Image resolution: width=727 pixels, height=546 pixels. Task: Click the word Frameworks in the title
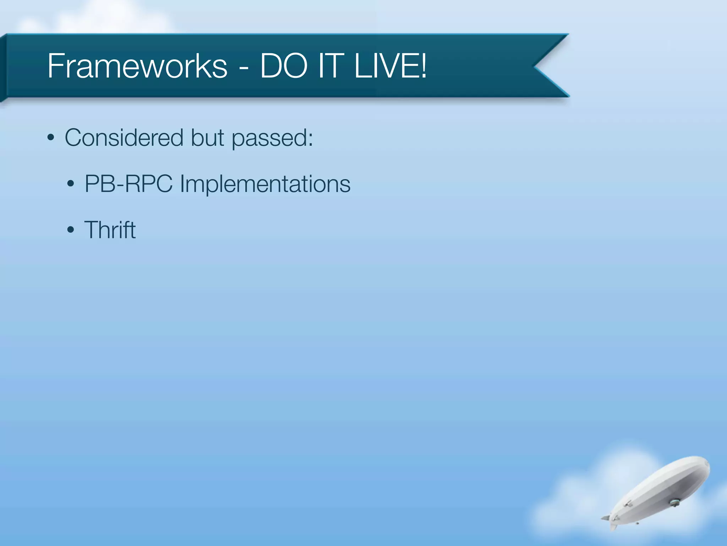pos(137,66)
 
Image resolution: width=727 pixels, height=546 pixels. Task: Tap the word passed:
pos(272,138)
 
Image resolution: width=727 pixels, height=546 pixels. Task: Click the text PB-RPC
pos(129,184)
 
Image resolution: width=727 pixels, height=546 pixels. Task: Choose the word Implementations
pos(265,184)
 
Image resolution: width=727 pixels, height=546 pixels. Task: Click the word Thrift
pos(110,230)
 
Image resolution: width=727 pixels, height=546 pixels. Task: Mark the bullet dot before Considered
pos(51,138)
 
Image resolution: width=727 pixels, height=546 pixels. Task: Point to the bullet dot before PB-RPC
pos(71,184)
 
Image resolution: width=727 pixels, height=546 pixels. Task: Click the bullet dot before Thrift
pos(71,230)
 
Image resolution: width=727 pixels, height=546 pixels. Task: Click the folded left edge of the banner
pos(3,68)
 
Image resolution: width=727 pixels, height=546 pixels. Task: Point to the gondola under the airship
pos(674,502)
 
